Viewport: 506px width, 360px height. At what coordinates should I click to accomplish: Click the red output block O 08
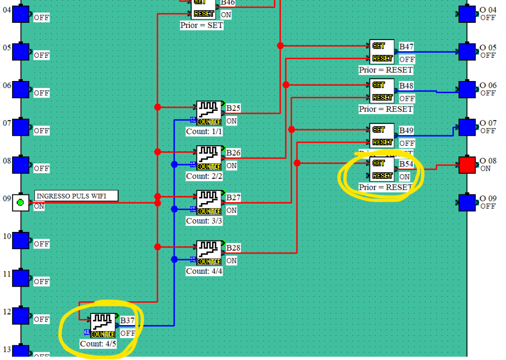click(x=467, y=165)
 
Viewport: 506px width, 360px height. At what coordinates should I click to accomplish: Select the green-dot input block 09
click(x=21, y=203)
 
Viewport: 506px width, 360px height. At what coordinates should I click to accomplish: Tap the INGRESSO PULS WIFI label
click(x=76, y=196)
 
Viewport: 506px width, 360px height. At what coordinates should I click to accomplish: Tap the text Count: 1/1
click(x=204, y=131)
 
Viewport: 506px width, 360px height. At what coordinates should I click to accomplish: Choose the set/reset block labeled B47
click(x=382, y=52)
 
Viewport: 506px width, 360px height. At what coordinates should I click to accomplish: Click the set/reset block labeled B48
click(x=382, y=91)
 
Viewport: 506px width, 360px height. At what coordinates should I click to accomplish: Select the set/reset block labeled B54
click(x=382, y=169)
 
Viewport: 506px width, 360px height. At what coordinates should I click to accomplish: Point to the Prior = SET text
click(x=201, y=25)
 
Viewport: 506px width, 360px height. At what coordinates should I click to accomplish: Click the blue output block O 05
click(x=467, y=52)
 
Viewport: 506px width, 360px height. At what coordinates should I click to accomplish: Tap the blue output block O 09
click(x=467, y=202)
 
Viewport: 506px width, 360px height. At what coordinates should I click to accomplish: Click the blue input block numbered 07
click(x=21, y=127)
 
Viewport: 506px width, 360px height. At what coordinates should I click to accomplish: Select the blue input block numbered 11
click(x=21, y=278)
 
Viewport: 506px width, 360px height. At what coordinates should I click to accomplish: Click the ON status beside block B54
click(x=405, y=177)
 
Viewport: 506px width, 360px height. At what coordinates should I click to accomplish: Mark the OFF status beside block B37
click(x=128, y=333)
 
